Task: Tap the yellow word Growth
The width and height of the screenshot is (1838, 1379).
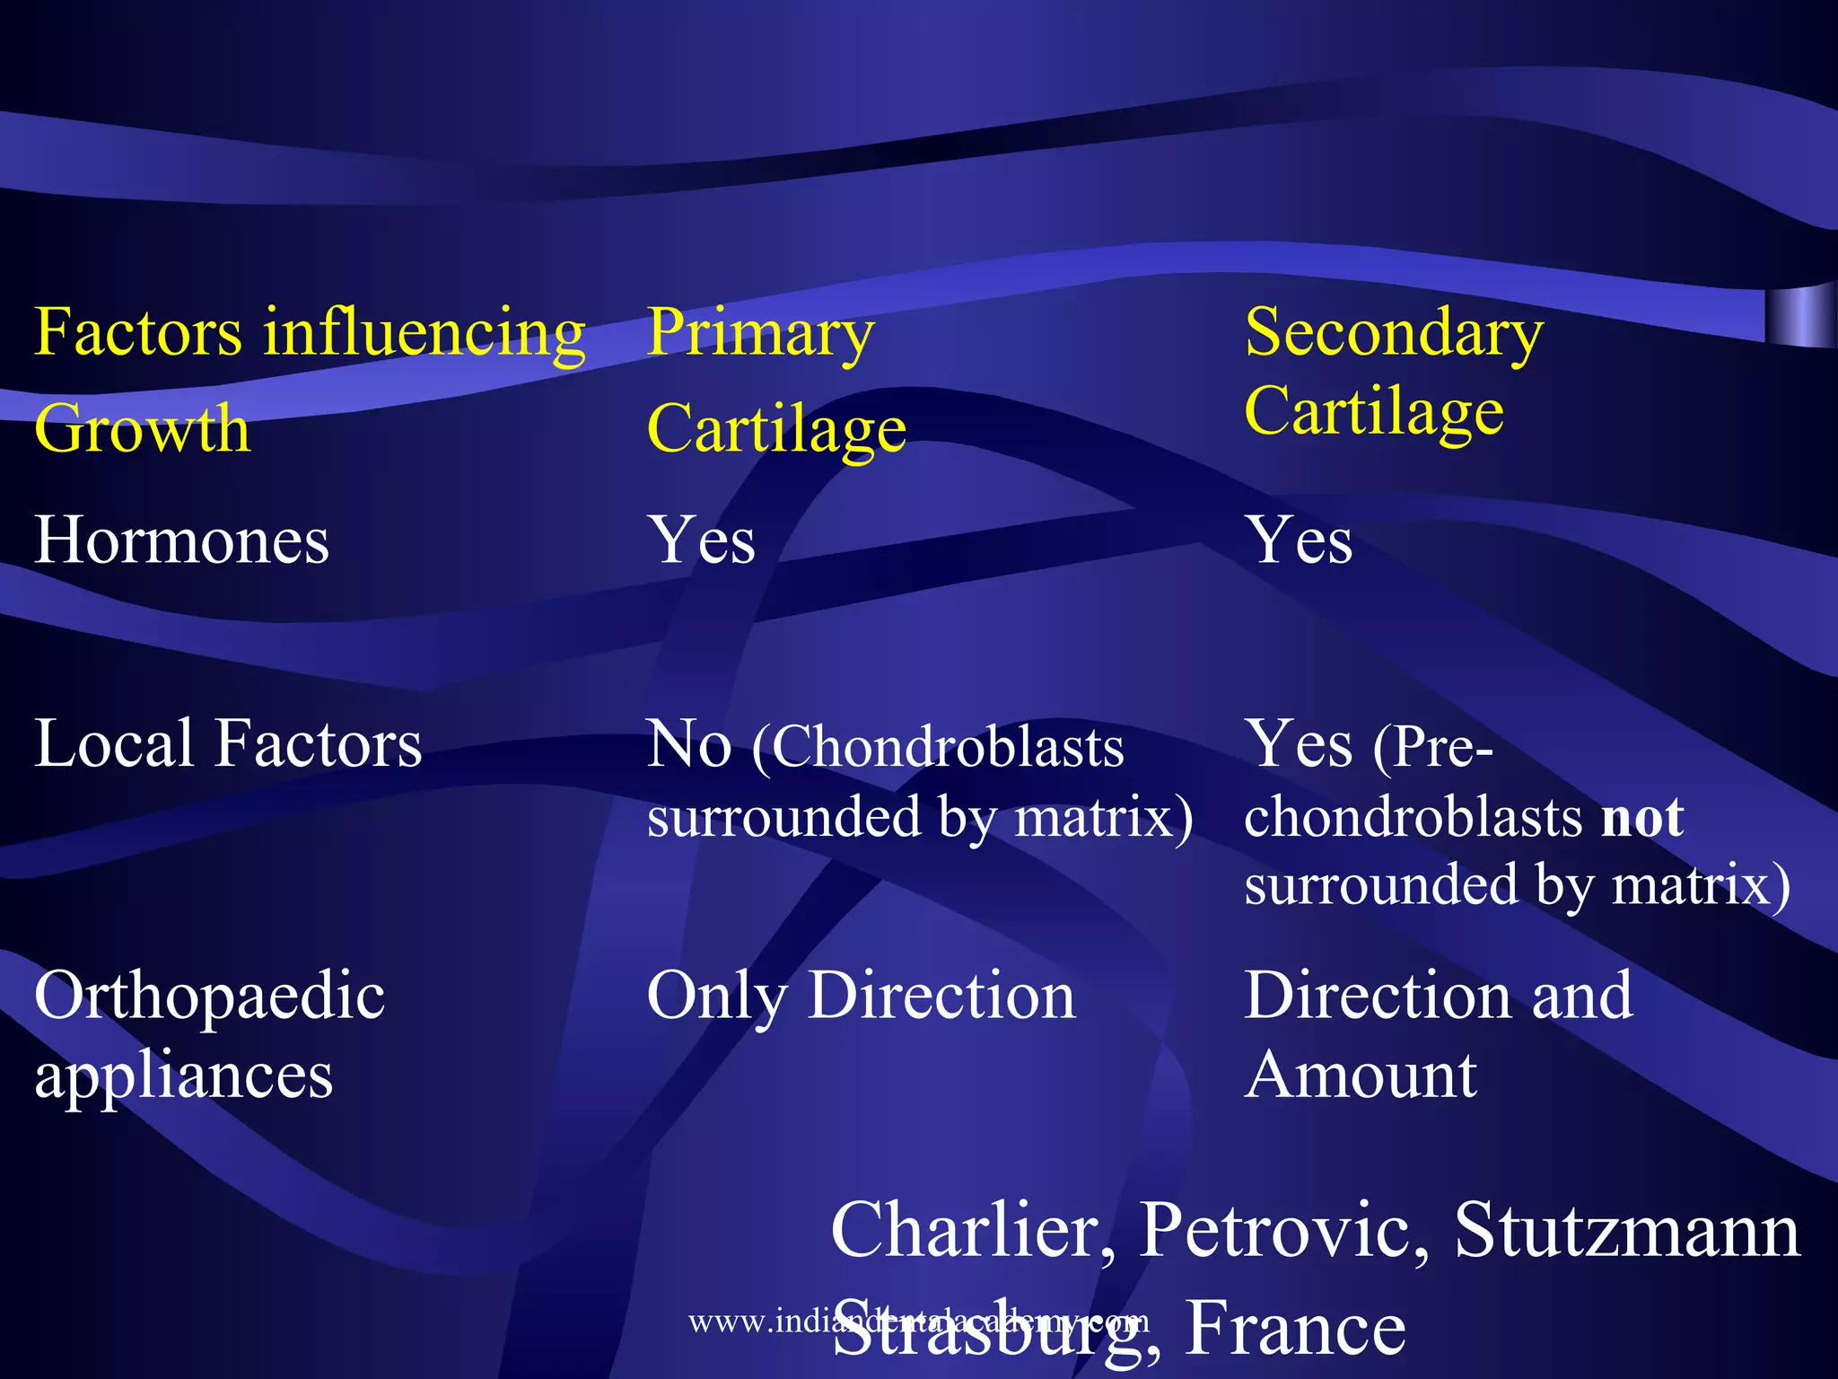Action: coord(142,428)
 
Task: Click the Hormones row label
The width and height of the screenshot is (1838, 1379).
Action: coord(181,540)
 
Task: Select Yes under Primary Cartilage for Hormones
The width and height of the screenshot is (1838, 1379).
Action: coord(702,540)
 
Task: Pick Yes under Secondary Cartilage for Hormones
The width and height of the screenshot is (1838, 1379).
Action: coord(1299,540)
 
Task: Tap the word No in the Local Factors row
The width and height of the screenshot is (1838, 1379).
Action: coord(688,744)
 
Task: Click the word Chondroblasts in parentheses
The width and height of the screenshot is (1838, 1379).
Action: coord(948,747)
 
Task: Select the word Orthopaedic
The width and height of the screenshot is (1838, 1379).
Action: coord(209,997)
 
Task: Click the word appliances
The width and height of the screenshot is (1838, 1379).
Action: coord(183,1076)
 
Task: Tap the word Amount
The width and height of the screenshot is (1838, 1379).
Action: coord(1361,1075)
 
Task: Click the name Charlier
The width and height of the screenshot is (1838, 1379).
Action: coord(974,1230)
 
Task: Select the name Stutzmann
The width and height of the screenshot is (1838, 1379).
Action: coord(1626,1230)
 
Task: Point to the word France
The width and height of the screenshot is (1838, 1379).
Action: coord(1295,1327)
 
